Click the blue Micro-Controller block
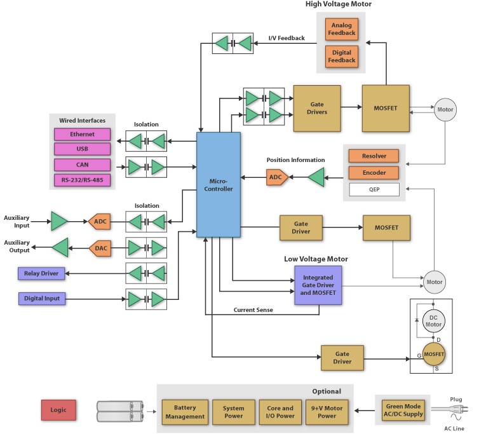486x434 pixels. pos(219,184)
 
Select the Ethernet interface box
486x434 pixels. pos(82,135)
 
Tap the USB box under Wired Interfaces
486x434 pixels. pos(82,149)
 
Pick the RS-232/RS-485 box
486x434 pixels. pos(82,180)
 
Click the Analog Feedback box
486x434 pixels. pos(341,29)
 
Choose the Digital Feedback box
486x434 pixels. pos(341,56)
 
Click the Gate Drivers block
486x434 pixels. pos(316,108)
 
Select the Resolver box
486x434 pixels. pos(374,156)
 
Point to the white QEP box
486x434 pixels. pos(374,189)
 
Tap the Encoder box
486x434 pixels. pos(374,172)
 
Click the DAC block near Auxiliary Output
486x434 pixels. pos(101,248)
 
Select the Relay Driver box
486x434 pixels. pos(41,274)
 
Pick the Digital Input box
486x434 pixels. pos(41,298)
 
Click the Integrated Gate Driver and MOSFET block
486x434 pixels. pos(318,284)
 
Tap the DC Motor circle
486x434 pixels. pos(433,320)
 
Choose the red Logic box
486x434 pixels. pos(58,410)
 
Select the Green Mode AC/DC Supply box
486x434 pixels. pos(403,410)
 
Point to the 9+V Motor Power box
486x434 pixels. pos(327,412)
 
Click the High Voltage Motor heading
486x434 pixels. pos(339,4)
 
